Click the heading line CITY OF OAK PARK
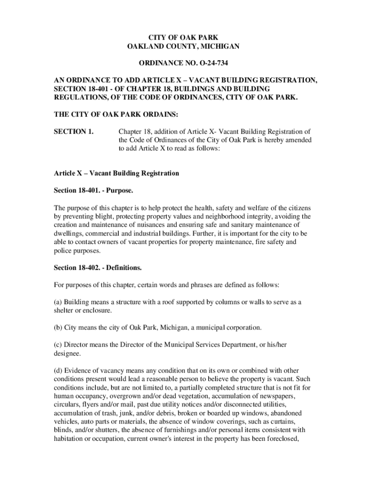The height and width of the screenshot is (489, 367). (183, 37)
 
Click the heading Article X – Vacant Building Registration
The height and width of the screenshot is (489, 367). (116, 173)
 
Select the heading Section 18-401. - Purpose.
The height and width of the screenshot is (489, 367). (93, 191)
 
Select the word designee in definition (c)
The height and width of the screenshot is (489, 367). (67, 354)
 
